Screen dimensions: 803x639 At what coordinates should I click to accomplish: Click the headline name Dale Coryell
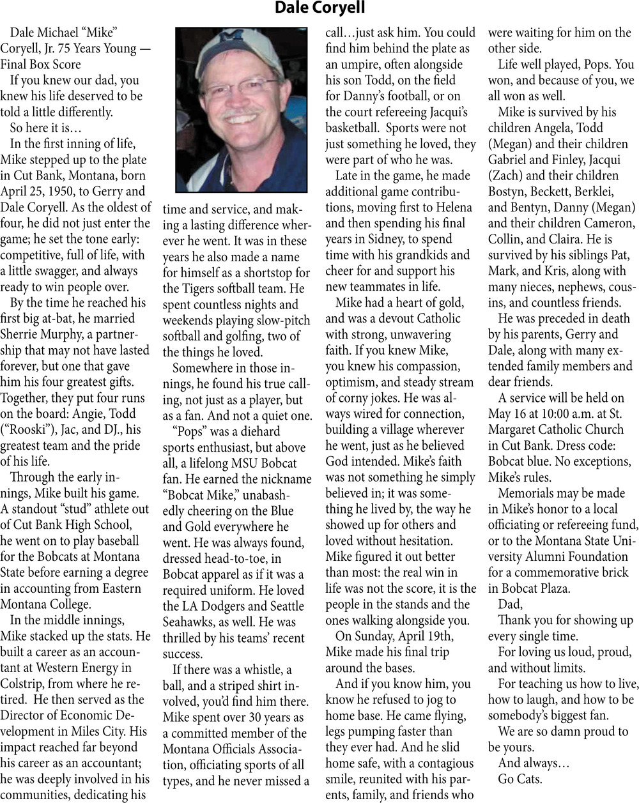(319, 8)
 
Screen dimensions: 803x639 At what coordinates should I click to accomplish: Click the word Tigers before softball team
(208, 289)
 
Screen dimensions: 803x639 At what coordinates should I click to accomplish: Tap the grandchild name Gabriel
(514, 160)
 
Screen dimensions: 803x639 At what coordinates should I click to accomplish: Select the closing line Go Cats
(521, 779)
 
